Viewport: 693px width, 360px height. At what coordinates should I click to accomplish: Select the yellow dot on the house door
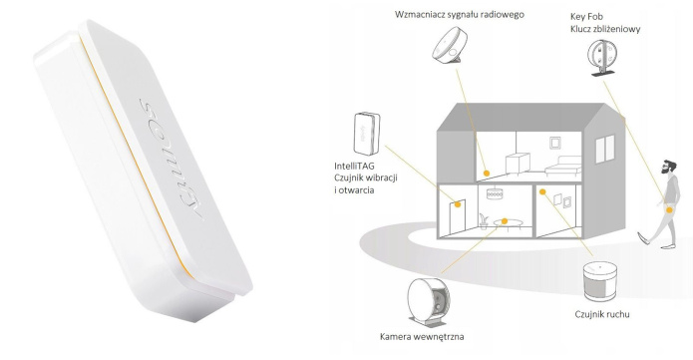click(460, 204)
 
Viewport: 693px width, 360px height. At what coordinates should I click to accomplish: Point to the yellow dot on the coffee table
click(506, 220)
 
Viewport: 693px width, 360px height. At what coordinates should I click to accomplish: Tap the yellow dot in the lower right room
click(542, 190)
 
